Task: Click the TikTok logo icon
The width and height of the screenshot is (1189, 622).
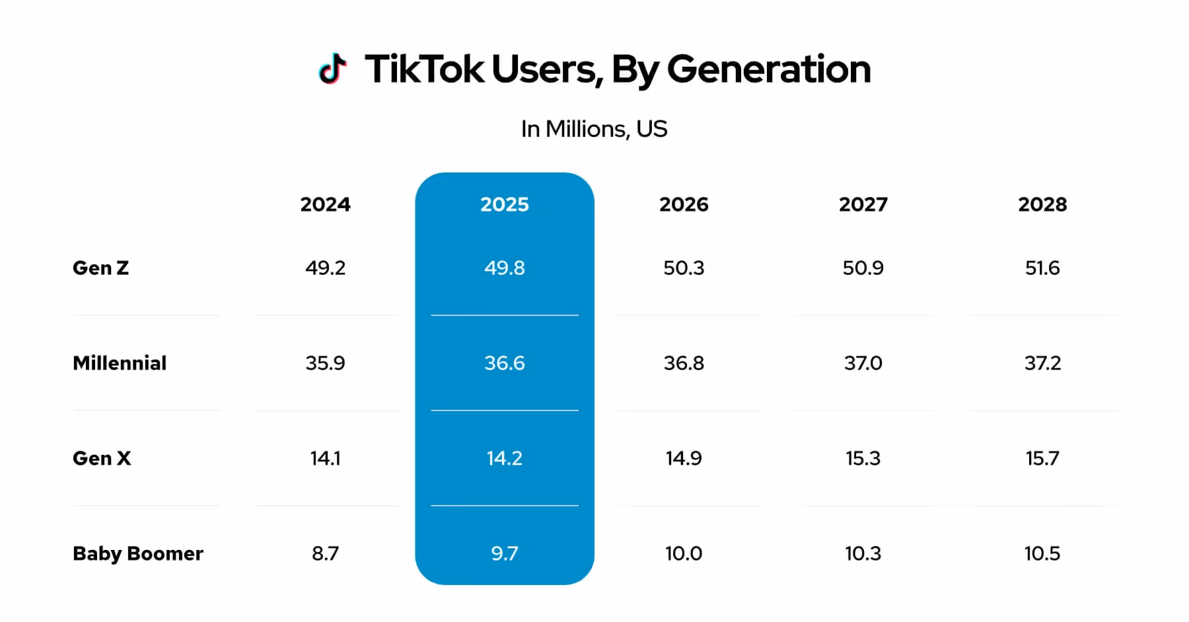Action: tap(332, 69)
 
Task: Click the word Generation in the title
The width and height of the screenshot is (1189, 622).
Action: tap(769, 69)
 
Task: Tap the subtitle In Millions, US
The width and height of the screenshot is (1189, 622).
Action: tap(594, 129)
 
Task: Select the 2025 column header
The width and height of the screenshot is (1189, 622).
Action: tap(504, 204)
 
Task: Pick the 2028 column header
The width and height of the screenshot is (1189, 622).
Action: tap(1042, 204)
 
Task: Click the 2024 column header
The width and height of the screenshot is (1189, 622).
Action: tap(325, 204)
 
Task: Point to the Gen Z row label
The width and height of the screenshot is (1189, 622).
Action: tap(101, 268)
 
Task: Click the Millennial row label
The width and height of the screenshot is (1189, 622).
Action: tap(120, 363)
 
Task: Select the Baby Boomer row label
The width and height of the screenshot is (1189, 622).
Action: tap(138, 553)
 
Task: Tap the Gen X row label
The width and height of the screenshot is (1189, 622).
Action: tap(102, 458)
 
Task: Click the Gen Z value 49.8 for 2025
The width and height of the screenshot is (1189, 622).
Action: tap(504, 268)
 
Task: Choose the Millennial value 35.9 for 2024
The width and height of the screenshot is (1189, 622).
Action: tap(325, 363)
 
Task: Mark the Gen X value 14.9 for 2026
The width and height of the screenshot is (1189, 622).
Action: tap(684, 458)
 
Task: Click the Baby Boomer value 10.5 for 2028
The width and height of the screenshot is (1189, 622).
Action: tap(1042, 553)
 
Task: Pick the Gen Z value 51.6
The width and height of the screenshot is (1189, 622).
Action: tap(1042, 268)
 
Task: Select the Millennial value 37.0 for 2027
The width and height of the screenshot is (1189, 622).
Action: tap(863, 363)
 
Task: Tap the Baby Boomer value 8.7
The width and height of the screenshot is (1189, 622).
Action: tap(325, 553)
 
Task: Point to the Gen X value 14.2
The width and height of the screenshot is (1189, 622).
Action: tap(504, 458)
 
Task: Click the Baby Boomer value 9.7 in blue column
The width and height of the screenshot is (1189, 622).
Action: tap(504, 553)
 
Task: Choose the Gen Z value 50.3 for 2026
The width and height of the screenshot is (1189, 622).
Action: tap(684, 268)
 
